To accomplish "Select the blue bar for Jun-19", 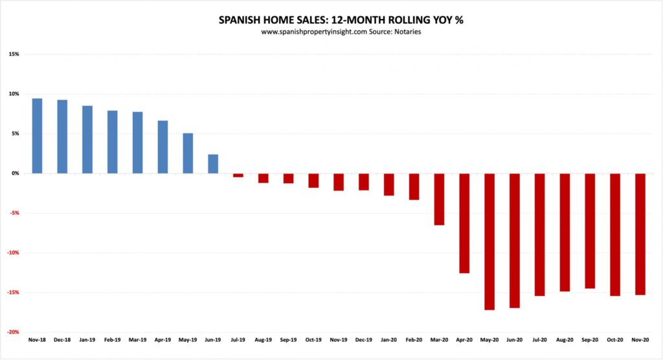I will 213,164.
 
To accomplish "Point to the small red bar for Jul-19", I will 238,175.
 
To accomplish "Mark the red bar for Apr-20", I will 464,223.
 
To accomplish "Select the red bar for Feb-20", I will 414,186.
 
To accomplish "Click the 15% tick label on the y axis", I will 14,54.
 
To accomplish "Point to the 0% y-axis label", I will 16,174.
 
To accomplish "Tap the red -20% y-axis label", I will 12,332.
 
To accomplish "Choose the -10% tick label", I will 12,253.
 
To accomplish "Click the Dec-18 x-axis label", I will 62,339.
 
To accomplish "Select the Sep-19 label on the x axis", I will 288,339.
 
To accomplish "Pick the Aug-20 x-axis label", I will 565,339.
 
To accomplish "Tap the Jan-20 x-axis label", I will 388,339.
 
